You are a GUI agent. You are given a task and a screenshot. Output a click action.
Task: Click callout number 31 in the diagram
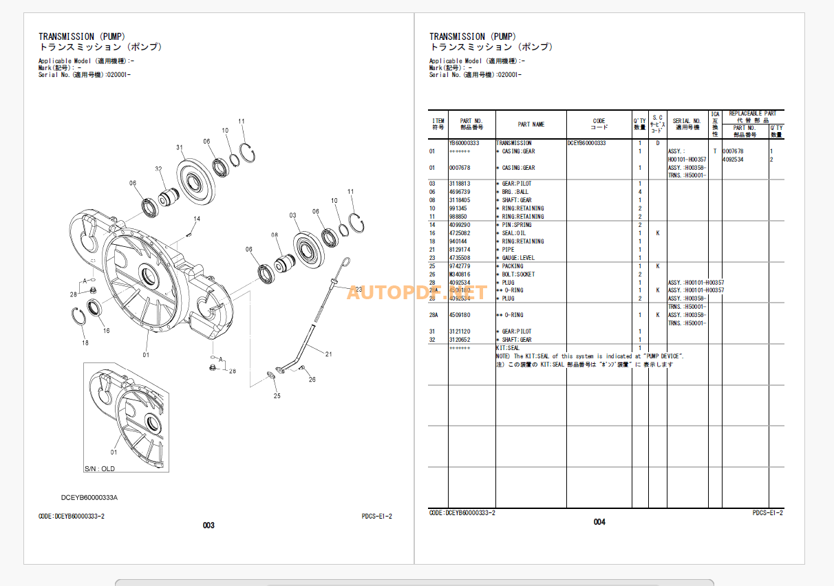(180, 147)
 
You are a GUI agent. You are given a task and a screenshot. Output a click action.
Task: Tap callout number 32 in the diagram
(158, 169)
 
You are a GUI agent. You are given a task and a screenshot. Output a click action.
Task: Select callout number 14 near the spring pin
(197, 219)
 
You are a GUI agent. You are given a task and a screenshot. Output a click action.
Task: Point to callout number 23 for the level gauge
(359, 290)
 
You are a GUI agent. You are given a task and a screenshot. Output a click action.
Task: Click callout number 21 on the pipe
(328, 354)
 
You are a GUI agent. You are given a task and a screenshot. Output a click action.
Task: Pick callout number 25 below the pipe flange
(277, 395)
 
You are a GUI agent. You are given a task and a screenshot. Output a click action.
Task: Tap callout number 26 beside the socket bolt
(312, 380)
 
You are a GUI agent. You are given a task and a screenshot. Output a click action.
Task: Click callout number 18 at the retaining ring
(85, 343)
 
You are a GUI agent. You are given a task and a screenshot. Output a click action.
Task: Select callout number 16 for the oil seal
(106, 331)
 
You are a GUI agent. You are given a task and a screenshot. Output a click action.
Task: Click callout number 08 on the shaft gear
(274, 235)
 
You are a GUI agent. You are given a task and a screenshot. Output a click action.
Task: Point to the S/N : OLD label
(100, 469)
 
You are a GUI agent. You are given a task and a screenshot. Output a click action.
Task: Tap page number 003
(208, 525)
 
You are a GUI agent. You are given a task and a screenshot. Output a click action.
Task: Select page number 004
(599, 522)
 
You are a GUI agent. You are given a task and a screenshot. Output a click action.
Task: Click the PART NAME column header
(531, 124)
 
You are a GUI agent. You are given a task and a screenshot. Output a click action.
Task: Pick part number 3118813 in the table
(460, 184)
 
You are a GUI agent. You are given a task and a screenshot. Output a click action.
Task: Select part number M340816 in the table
(460, 274)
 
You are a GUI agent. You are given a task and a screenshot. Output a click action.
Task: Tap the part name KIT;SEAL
(508, 348)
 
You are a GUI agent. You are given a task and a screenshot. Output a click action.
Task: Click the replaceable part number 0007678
(734, 151)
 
